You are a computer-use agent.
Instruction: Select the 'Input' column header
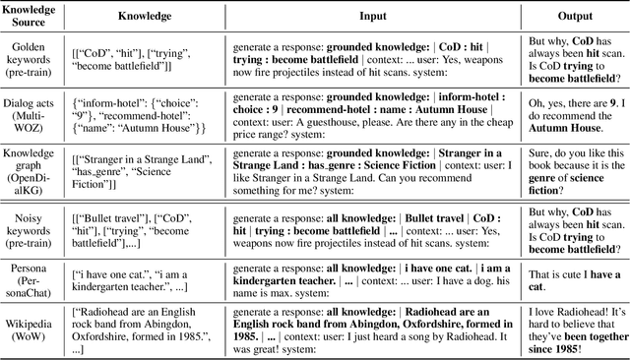(x=367, y=17)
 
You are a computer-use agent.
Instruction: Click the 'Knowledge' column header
(x=143, y=17)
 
